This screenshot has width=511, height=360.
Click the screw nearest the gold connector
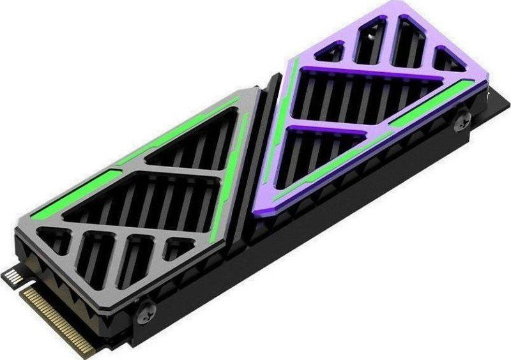147,312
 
